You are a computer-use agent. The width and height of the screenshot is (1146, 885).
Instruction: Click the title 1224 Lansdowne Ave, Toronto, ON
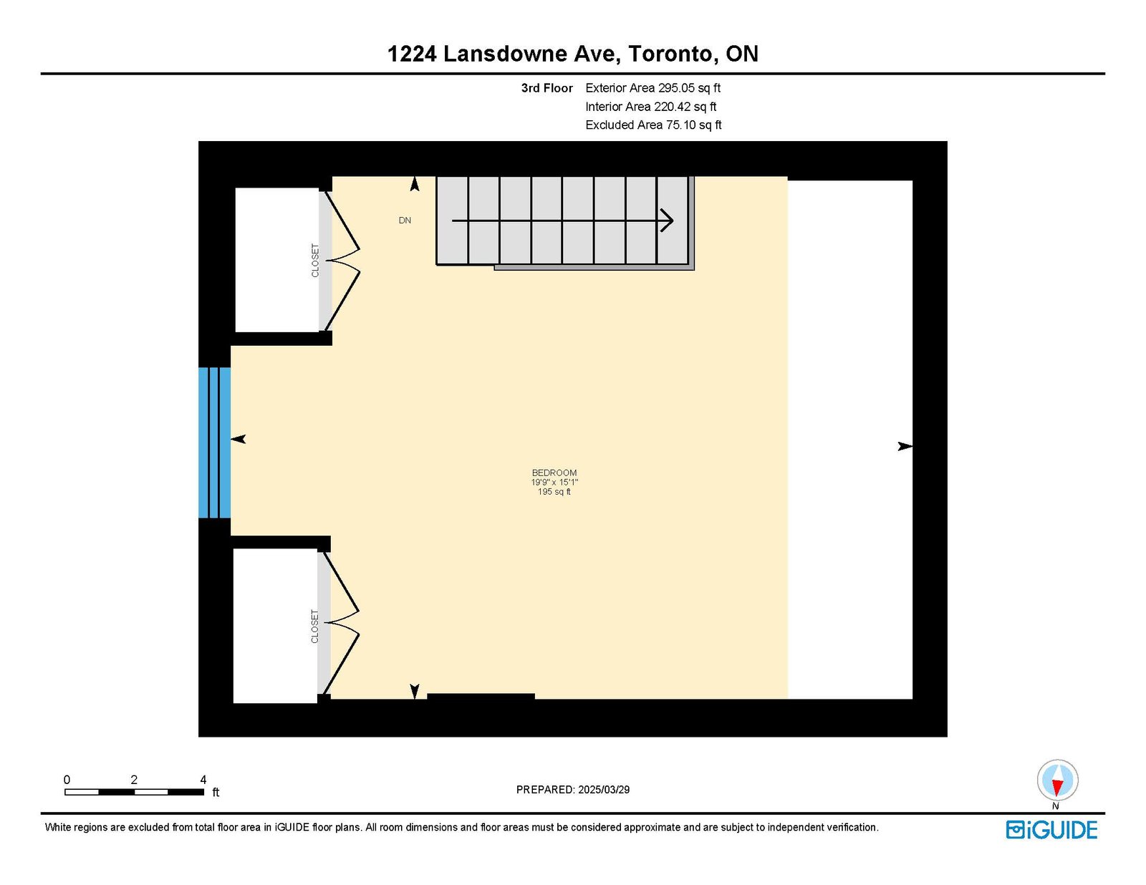573,54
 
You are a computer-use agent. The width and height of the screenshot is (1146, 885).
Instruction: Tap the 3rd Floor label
547,88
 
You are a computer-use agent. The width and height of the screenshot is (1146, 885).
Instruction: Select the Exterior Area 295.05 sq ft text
653,88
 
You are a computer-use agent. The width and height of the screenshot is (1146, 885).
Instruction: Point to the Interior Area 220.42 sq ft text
651,107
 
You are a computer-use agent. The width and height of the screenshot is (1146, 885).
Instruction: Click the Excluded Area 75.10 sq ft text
653,125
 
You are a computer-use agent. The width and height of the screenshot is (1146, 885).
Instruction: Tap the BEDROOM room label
554,473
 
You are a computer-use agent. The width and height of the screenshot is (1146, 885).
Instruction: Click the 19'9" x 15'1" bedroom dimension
554,483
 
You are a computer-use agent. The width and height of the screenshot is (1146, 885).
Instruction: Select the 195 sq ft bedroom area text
554,492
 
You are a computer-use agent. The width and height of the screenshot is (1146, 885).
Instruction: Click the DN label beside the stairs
405,221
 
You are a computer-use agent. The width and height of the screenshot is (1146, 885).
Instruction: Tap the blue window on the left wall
214,442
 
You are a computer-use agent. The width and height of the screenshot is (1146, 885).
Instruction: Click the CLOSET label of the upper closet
315,261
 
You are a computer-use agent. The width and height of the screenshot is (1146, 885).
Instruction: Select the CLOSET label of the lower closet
315,627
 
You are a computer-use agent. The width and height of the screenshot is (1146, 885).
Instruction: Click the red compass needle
1057,787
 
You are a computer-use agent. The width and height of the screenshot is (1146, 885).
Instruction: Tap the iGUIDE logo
1051,830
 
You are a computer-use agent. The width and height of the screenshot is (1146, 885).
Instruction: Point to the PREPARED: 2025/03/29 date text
573,790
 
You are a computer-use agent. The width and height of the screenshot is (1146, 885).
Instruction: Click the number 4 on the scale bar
203,780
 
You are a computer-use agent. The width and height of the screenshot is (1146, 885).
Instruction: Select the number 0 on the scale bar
67,780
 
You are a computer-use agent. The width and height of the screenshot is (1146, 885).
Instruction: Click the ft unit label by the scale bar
216,792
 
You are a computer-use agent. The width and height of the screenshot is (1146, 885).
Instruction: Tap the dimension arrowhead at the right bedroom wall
905,447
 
